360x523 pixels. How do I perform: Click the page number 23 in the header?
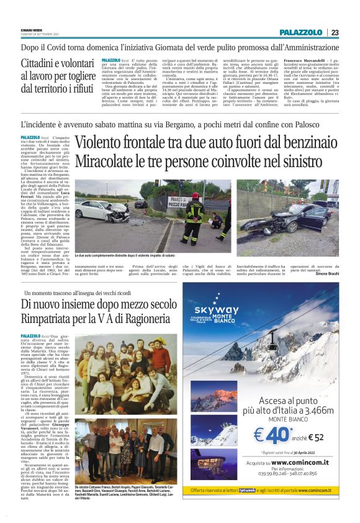click(335, 32)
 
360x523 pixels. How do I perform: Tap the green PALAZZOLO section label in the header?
click(300, 32)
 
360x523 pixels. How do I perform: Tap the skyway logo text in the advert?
click(216, 309)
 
